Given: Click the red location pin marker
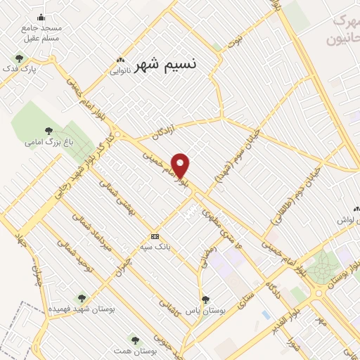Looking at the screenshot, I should point(181,166).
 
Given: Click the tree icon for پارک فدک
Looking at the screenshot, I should point(19,58).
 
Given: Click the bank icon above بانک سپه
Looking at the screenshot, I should point(155,236).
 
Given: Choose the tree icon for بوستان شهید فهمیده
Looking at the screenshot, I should point(82,297).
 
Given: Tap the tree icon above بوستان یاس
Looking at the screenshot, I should point(205,299).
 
